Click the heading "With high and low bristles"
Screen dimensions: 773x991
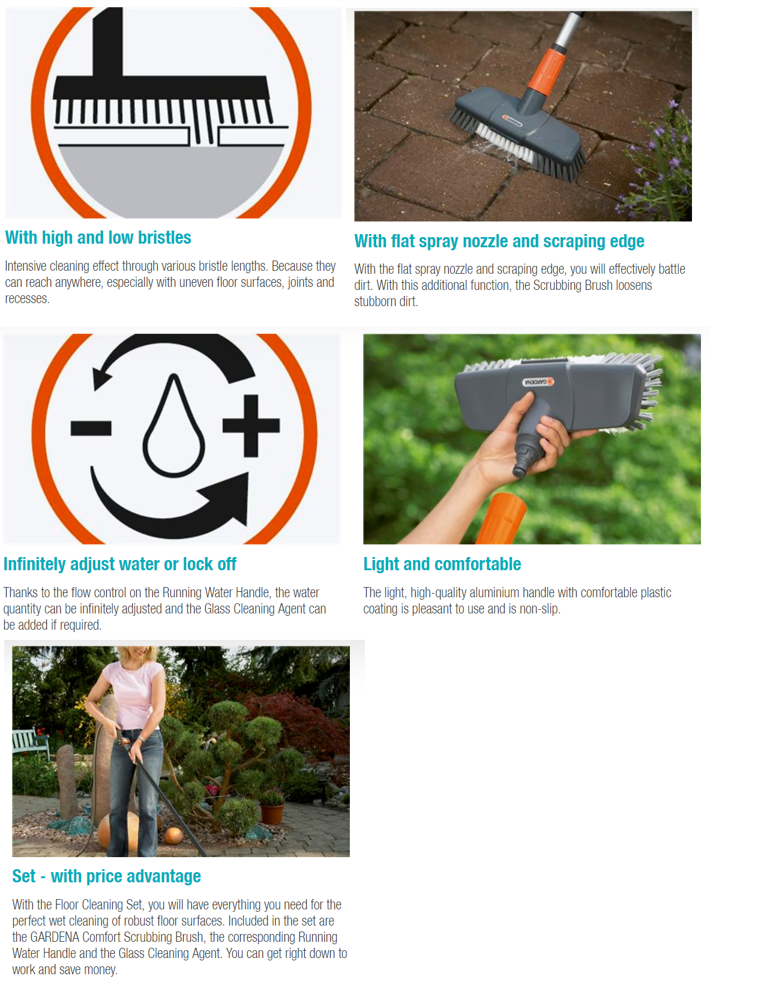point(98,238)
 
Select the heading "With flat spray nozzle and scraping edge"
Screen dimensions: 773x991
point(499,241)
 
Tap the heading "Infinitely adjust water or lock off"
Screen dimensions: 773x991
point(120,564)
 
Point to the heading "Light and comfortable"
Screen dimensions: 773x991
point(442,564)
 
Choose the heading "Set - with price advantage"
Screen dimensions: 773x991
point(107,876)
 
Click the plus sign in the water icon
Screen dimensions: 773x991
point(251,426)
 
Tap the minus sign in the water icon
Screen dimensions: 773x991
point(91,428)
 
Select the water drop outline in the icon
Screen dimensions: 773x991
point(173,426)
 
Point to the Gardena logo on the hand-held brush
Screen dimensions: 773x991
point(538,382)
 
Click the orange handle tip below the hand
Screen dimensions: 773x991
point(502,519)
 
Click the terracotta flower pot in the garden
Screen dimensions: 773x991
point(272,813)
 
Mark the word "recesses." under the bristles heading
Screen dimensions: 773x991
point(28,299)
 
